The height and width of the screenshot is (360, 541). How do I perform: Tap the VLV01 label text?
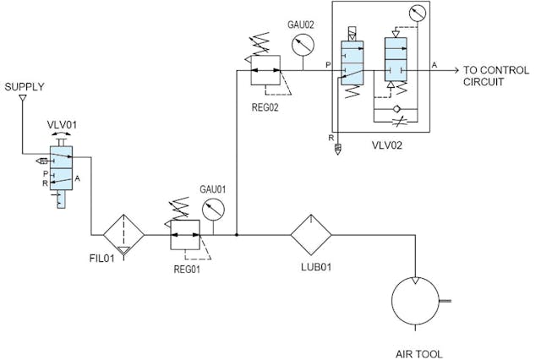62,123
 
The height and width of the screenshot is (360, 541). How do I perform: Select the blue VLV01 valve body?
62,169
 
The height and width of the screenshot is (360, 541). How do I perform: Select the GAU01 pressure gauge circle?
216,209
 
